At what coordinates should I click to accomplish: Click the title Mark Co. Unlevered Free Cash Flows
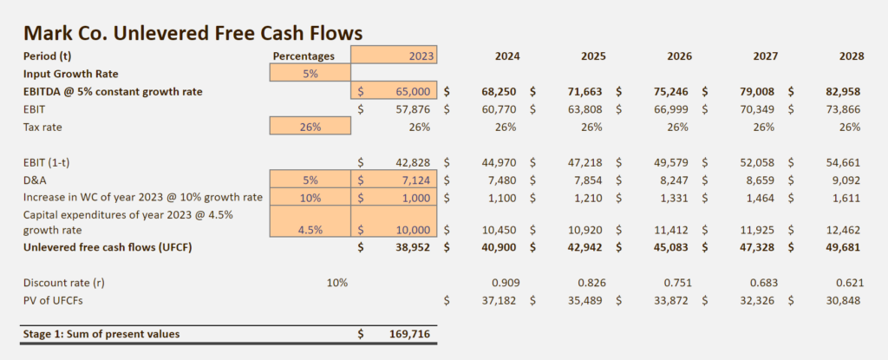(x=193, y=33)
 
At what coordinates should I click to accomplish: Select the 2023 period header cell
(x=395, y=56)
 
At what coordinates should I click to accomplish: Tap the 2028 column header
(x=851, y=56)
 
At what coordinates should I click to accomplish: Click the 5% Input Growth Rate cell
(x=310, y=74)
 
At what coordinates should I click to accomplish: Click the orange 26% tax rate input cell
(x=310, y=127)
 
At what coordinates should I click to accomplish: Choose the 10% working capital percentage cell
(x=310, y=197)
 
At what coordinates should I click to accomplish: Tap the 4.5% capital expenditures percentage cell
(x=310, y=230)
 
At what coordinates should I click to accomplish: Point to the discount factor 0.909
(x=504, y=283)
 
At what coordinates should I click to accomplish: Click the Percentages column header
(x=304, y=56)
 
